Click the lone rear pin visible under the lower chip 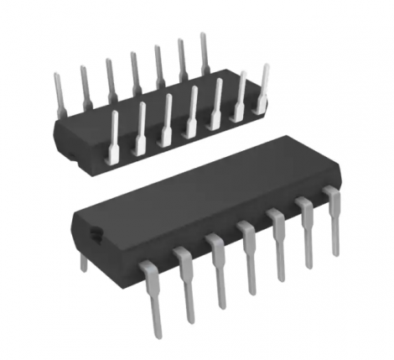(82, 262)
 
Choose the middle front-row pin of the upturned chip (191, 112)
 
